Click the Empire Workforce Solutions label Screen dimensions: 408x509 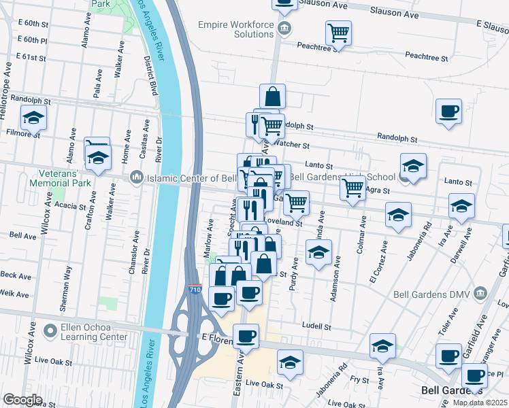point(235,29)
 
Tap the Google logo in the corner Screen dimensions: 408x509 point(22,400)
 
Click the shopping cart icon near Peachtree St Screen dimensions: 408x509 point(338,32)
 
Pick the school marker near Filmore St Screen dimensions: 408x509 point(33,118)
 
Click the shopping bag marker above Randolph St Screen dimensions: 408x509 point(272,97)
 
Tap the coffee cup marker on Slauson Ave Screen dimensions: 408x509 point(284,3)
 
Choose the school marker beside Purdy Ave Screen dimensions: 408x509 point(317,254)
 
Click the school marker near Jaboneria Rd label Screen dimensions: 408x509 point(399,215)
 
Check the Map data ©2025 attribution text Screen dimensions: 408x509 point(480,403)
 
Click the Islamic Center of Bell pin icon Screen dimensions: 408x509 point(135,178)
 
